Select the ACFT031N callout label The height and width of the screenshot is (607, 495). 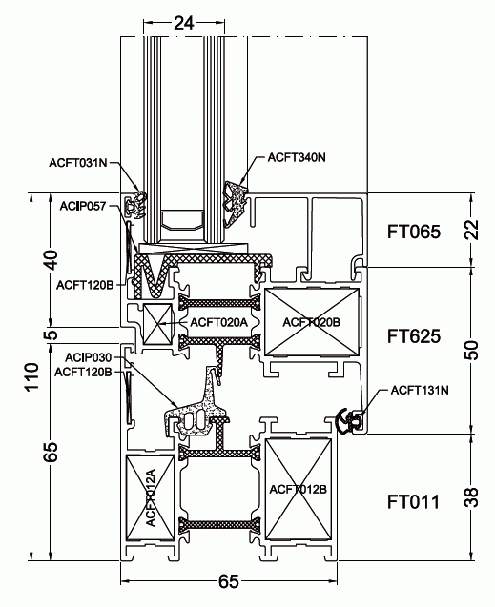click(83, 163)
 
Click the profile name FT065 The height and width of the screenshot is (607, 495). click(413, 232)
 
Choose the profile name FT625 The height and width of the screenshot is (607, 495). click(413, 335)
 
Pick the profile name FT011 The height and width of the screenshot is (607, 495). click(413, 499)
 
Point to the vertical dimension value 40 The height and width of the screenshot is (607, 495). click(52, 259)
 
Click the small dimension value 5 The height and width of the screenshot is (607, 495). click(52, 334)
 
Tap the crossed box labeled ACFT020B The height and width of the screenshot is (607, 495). click(312, 322)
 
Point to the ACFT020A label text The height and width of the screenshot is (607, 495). click(218, 322)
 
